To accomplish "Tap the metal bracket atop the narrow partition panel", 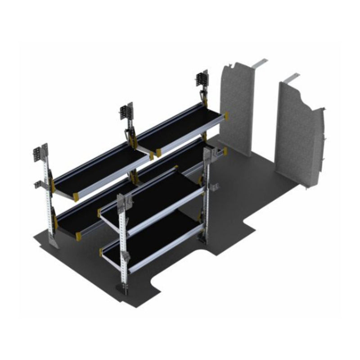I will tap(260, 63).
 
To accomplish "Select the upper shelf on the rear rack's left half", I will tap(101, 166).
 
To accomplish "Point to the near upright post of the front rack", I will tap(122, 243).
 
